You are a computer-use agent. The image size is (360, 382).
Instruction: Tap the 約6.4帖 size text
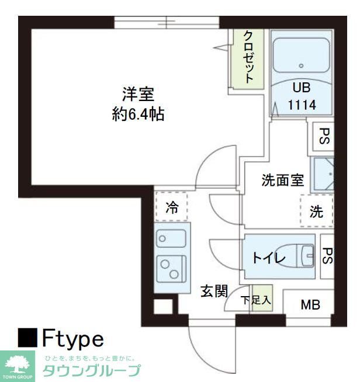coord(138,114)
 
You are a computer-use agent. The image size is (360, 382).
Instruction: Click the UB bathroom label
coord(302,88)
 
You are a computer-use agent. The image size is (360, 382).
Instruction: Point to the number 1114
coord(302,105)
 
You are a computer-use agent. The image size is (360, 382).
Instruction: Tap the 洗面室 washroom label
coord(282,180)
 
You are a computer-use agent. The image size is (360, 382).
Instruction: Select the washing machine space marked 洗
coord(316,212)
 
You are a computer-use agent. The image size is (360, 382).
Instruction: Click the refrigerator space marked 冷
coord(172,207)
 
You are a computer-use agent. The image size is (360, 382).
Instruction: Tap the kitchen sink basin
coord(171,238)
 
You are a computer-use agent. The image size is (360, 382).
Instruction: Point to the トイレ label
coord(268,257)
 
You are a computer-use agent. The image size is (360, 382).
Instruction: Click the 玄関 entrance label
coord(213,291)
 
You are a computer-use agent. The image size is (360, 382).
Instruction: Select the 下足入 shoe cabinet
coord(257,300)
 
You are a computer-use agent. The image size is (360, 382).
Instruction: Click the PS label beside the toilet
coord(327,255)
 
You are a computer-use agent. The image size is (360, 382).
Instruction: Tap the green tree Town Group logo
coord(18,365)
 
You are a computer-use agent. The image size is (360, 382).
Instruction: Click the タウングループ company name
coord(92,370)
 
